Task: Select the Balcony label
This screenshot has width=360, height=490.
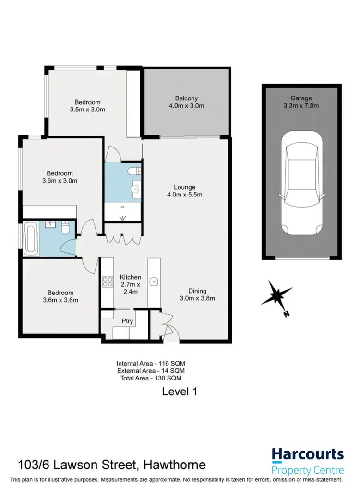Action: [x=187, y=98]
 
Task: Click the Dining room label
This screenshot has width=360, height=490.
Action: [x=197, y=291]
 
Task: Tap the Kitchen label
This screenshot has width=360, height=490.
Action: [x=130, y=277]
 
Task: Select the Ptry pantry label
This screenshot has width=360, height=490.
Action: [x=127, y=321]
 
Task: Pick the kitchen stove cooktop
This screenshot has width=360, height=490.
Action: [x=107, y=282]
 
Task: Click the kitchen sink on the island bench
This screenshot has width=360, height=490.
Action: [x=154, y=282]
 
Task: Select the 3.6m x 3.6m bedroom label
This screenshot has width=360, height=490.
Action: [x=60, y=296]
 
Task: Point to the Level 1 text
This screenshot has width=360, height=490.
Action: [x=179, y=392]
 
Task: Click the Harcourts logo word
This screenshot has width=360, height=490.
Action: [x=307, y=454]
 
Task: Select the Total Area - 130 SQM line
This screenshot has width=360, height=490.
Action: [x=150, y=378]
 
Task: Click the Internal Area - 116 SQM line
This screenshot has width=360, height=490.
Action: [x=150, y=364]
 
